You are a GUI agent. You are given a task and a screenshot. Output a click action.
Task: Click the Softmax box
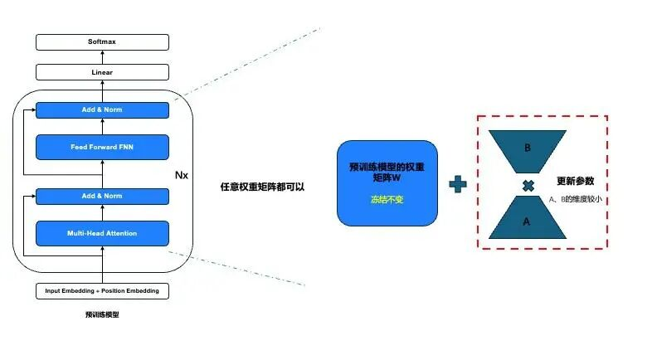point(102,41)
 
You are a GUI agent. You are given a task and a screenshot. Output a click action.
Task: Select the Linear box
point(102,72)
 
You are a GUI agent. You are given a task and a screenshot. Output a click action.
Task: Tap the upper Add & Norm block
point(102,109)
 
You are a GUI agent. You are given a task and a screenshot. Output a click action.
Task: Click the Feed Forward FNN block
point(102,147)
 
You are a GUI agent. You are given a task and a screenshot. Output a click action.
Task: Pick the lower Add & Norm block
point(102,196)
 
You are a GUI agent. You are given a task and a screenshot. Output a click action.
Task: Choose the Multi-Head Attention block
point(102,233)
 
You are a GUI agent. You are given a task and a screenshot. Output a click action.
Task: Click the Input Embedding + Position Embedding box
point(102,291)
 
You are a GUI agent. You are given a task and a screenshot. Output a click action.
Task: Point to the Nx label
point(182,176)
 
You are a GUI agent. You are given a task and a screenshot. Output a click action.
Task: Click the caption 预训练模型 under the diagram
point(102,315)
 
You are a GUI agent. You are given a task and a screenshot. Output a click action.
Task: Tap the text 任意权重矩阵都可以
point(262,187)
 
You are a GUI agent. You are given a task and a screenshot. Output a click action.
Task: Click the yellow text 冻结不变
point(387,200)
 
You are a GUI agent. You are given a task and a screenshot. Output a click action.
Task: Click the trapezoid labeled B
point(527,149)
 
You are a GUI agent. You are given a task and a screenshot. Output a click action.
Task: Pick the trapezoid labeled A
point(527,221)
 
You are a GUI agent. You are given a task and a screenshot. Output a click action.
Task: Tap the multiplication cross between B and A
point(528,186)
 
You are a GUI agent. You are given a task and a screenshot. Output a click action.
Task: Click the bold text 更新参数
point(575,181)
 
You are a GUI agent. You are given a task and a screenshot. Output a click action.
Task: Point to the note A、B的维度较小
point(576,200)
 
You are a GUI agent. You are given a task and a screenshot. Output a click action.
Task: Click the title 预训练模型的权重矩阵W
point(387,172)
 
